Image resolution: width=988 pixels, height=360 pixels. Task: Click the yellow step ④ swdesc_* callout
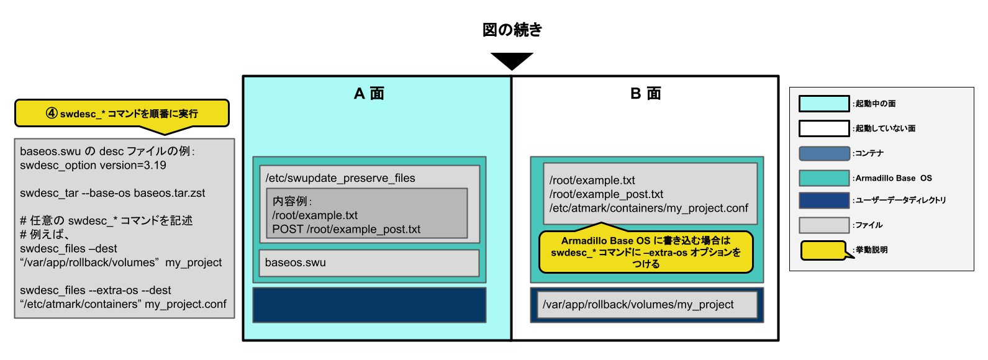[x=122, y=114]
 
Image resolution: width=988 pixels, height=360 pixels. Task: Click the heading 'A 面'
[x=369, y=94]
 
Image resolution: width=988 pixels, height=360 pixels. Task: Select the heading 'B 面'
[x=645, y=94]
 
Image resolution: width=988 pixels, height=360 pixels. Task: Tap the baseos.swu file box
[x=369, y=263]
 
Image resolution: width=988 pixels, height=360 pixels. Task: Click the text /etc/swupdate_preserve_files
[x=340, y=178]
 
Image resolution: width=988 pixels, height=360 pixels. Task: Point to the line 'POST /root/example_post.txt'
[x=346, y=229]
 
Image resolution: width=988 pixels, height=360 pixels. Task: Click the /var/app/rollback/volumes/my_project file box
[x=646, y=305]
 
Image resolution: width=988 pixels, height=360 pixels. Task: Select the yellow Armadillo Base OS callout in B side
[x=646, y=252]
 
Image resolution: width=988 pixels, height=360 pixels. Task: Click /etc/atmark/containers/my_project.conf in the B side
[x=648, y=208]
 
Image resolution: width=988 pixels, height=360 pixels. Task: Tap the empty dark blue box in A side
[x=369, y=305]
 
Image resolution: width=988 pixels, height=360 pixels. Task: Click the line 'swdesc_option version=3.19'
[x=93, y=165]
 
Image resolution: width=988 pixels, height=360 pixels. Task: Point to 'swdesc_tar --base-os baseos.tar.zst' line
[x=112, y=193]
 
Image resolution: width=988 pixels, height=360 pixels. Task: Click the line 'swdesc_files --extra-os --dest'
[x=95, y=290]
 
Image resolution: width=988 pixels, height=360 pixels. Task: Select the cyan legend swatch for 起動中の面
[x=823, y=104]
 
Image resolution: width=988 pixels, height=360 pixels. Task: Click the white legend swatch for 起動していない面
[x=823, y=128]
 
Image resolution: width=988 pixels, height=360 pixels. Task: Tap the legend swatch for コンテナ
[x=823, y=153]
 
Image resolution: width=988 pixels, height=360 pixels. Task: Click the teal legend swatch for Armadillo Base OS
[x=823, y=178]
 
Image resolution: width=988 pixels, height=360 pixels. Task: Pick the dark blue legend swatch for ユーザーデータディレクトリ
[x=823, y=200]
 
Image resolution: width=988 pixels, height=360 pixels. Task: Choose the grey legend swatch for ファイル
[x=823, y=225]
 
